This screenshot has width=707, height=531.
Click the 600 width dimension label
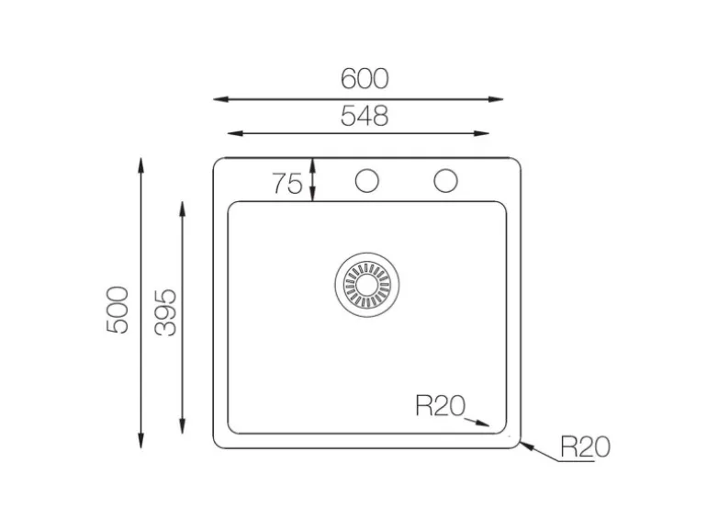(365, 79)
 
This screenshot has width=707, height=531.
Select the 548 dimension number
(365, 116)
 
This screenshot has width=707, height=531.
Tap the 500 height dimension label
(118, 310)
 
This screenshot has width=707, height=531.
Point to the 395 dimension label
(165, 312)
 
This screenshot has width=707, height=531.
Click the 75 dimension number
(287, 184)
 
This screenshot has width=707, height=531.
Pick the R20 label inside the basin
(440, 405)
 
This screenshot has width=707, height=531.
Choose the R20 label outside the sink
(585, 447)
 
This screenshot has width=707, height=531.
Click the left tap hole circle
(366, 180)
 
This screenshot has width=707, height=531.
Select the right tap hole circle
(445, 180)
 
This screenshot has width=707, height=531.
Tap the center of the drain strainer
(366, 285)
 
